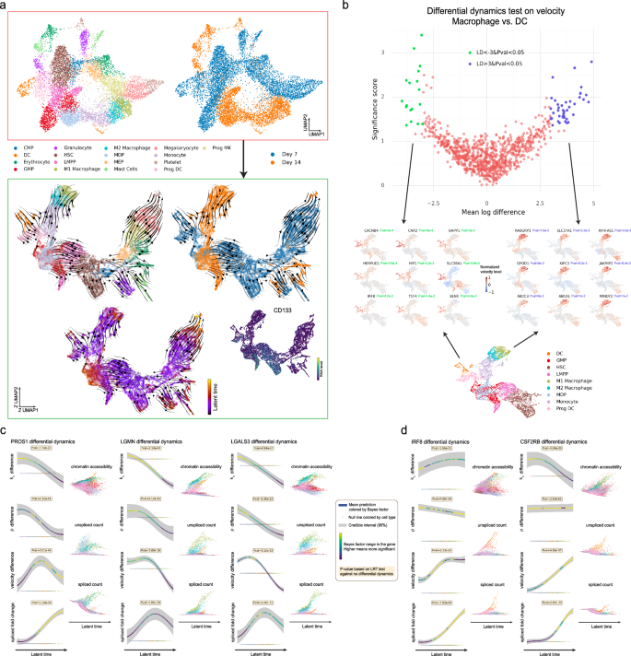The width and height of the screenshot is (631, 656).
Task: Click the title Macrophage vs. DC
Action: pyautogui.click(x=484, y=22)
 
